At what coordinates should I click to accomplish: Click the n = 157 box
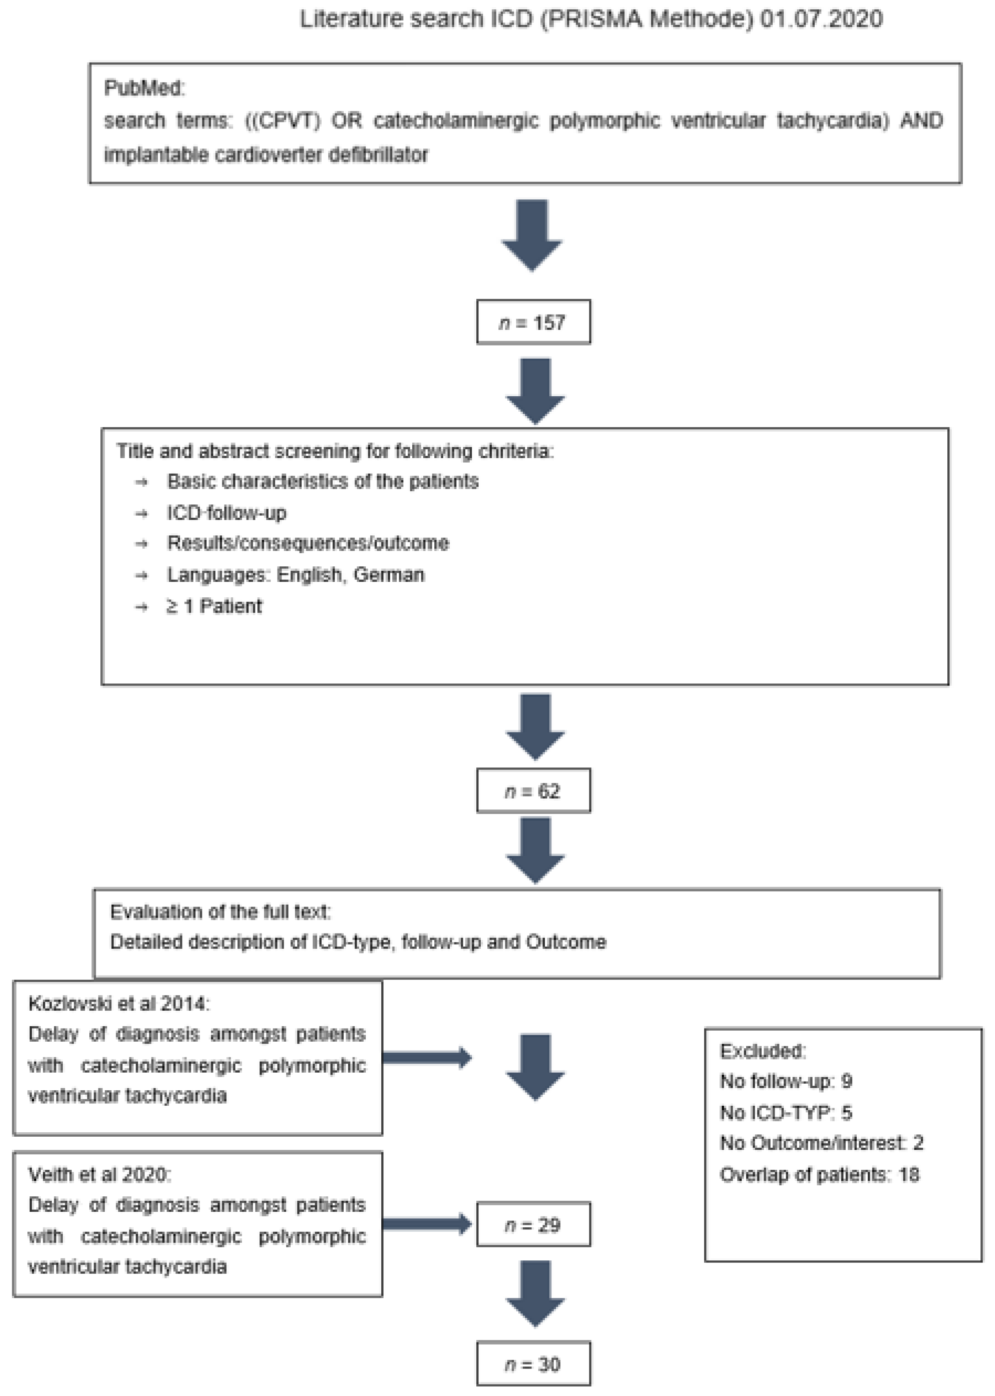pos(533,322)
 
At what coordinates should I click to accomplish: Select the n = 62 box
pos(533,791)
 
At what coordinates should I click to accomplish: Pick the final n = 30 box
pos(533,1364)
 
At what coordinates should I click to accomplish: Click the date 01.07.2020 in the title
pos(821,19)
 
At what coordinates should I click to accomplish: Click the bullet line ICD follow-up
pos(226,513)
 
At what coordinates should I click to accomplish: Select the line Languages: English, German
pos(295,575)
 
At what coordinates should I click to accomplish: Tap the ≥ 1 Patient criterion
pos(214,606)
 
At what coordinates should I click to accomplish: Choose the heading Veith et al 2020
pos(100,1174)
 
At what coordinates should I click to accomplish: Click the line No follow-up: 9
pos(786,1081)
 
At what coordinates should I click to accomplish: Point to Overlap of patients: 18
pos(819,1174)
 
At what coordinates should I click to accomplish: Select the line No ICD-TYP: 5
pos(786,1112)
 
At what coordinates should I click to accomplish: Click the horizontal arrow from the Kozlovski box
pos(426,1057)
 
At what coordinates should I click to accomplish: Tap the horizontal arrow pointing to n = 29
pos(426,1224)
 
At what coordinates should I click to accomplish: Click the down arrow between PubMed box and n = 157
pos(532,235)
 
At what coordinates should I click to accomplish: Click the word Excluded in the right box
pos(762,1051)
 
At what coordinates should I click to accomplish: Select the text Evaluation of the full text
pos(220,911)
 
